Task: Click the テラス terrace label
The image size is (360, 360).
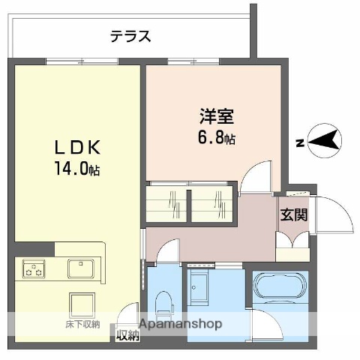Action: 130,35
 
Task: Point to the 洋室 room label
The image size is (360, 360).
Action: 216,118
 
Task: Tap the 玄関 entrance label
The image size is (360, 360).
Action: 293,214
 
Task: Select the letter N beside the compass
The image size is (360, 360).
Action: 298,141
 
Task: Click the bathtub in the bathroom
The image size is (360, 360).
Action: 279,289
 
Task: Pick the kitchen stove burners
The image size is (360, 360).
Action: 33,268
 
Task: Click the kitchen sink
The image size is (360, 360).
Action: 79,267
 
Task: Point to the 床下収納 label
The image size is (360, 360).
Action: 82,324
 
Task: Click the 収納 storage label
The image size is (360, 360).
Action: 127,335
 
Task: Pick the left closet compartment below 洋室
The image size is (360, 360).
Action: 167,204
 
